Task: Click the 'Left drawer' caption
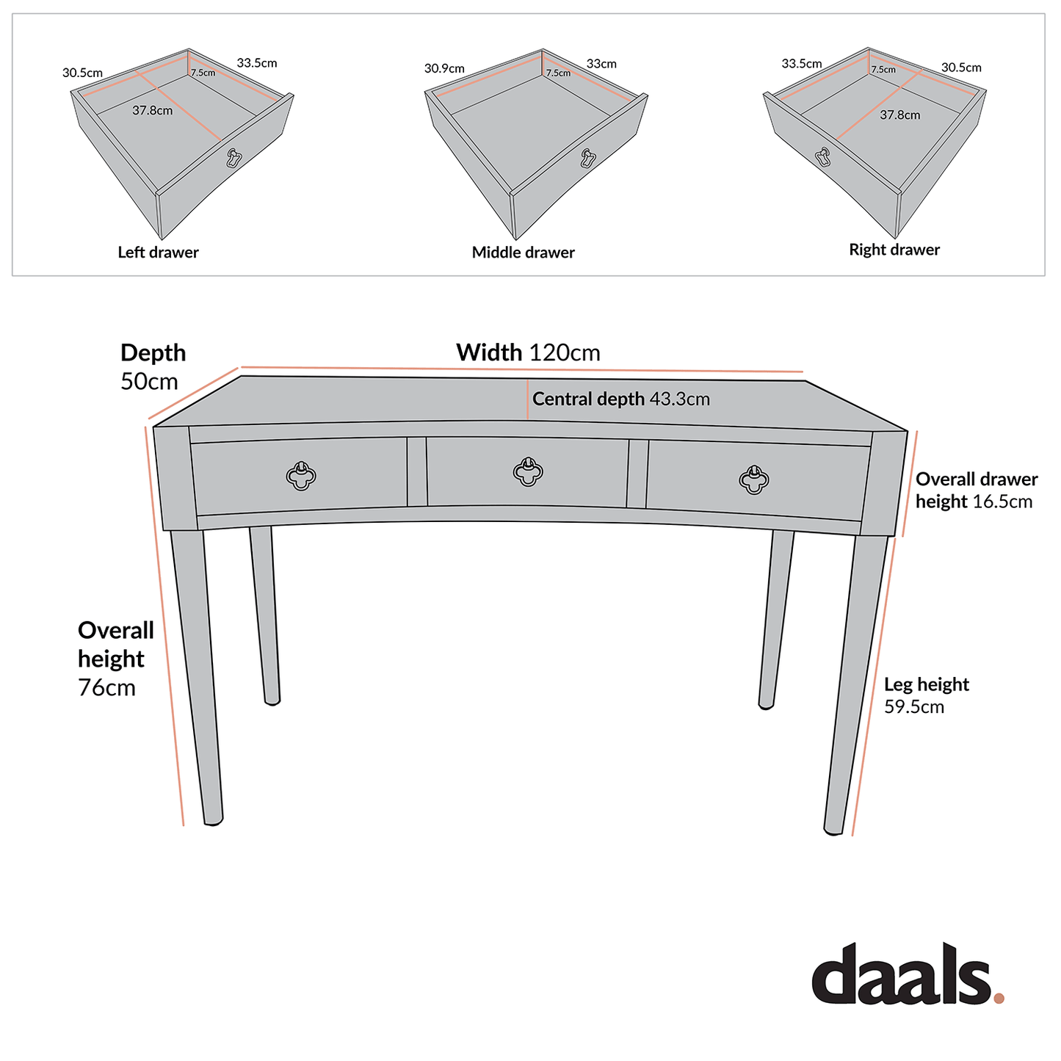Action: tap(158, 253)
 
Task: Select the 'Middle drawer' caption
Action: tap(523, 253)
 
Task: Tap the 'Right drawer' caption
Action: tap(894, 250)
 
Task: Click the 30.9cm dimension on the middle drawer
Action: tap(444, 68)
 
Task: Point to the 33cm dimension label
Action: tap(601, 64)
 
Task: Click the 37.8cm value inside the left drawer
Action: tap(153, 111)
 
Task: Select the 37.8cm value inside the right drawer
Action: tap(899, 115)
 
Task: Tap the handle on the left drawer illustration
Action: tap(234, 159)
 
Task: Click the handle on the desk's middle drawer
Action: tap(527, 471)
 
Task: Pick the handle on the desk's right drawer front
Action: tap(753, 479)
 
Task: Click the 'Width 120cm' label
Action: tap(528, 352)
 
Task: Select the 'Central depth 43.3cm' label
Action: tap(620, 399)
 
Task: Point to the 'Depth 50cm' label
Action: tap(153, 366)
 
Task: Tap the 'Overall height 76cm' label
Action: tap(115, 659)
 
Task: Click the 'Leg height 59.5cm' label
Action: tap(925, 695)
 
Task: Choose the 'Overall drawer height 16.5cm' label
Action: tap(976, 490)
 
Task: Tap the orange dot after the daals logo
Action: tap(998, 998)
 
